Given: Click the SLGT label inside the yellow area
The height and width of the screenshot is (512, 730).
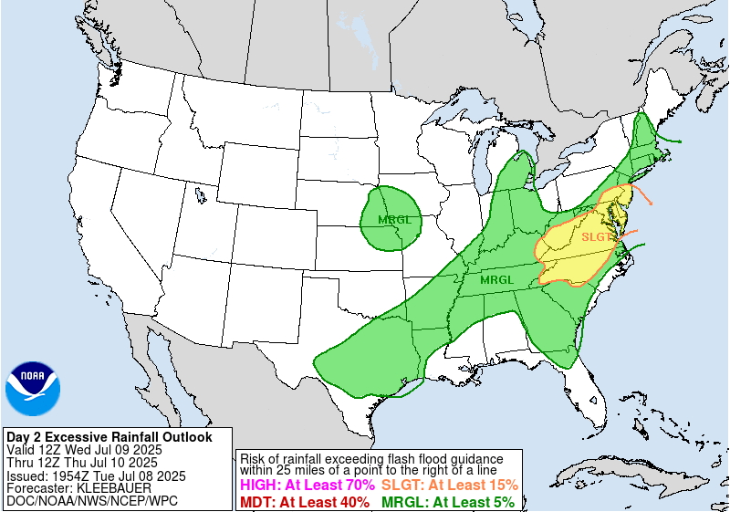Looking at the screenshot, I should point(597,237).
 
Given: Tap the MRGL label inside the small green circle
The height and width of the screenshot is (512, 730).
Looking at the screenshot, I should point(394,220).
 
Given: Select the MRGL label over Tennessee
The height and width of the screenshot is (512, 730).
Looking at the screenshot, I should point(497,279).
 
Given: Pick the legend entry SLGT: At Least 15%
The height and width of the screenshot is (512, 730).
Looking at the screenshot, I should point(449,486).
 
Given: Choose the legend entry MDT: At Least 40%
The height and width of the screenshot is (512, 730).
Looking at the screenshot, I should point(304,502).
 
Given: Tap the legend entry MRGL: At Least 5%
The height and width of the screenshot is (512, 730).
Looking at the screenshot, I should point(447,502).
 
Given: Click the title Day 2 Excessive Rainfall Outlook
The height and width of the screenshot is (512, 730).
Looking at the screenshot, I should point(109,437).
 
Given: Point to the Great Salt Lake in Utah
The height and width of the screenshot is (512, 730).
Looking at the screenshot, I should point(198,193).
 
